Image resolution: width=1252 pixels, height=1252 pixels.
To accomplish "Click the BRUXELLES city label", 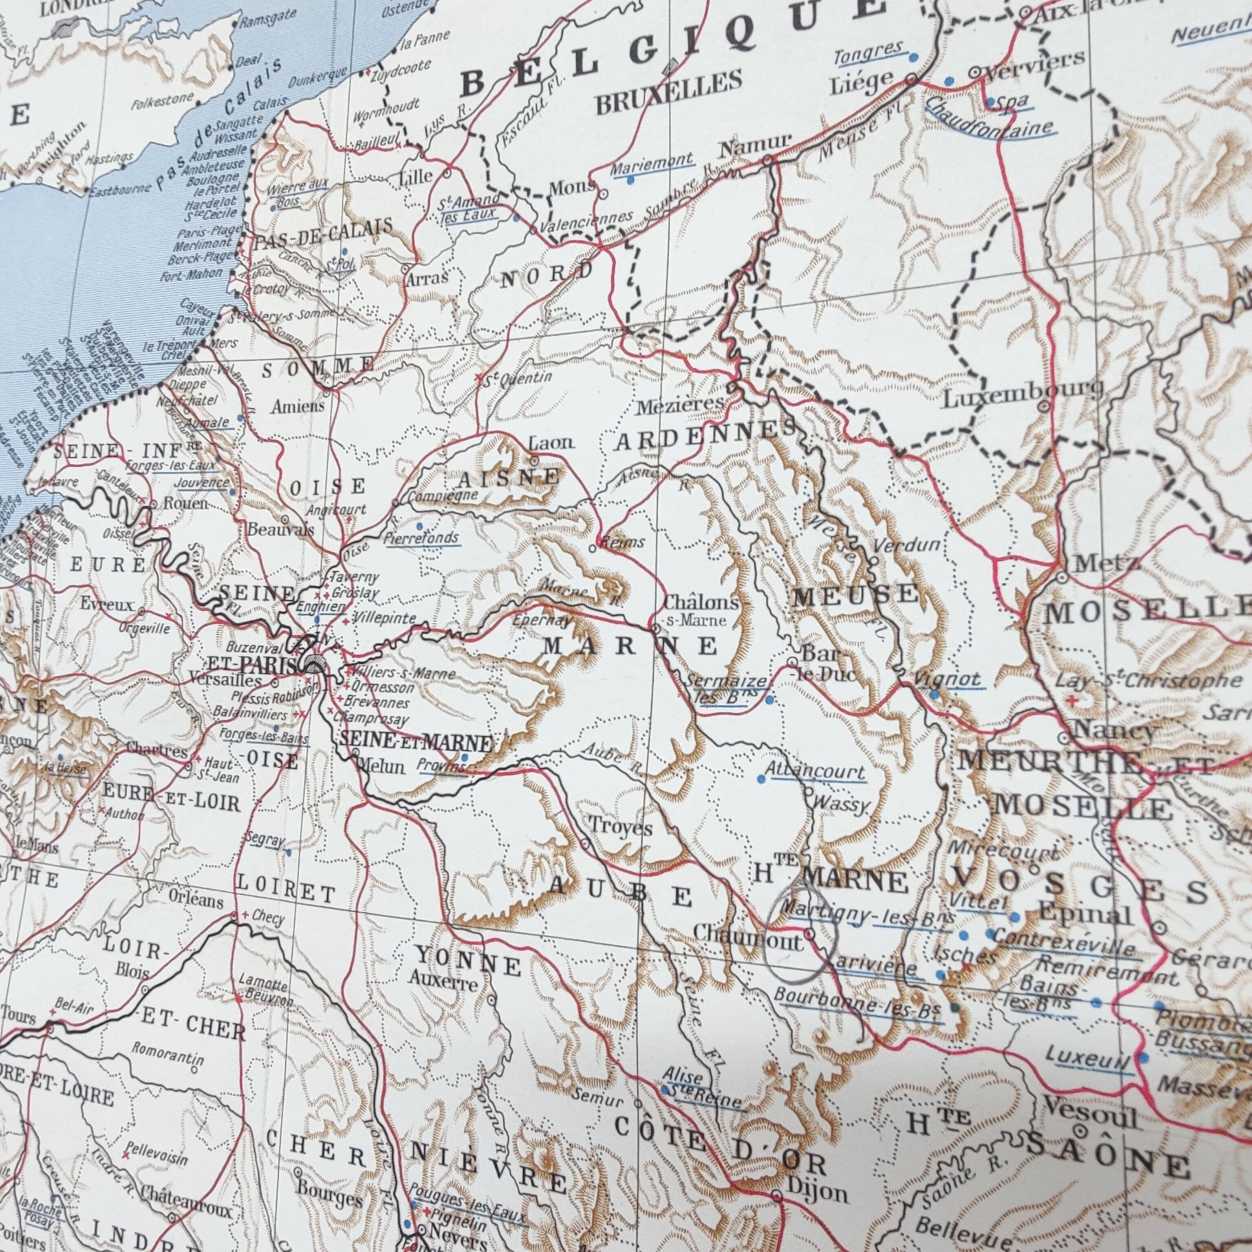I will (669, 93).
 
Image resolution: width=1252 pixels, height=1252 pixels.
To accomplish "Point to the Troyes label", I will (620, 828).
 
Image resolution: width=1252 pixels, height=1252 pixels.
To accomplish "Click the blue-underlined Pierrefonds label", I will (421, 538).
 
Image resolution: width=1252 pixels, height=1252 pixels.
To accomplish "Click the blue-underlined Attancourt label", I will (815, 772).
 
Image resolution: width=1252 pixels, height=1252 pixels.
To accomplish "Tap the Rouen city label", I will (186, 503).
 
